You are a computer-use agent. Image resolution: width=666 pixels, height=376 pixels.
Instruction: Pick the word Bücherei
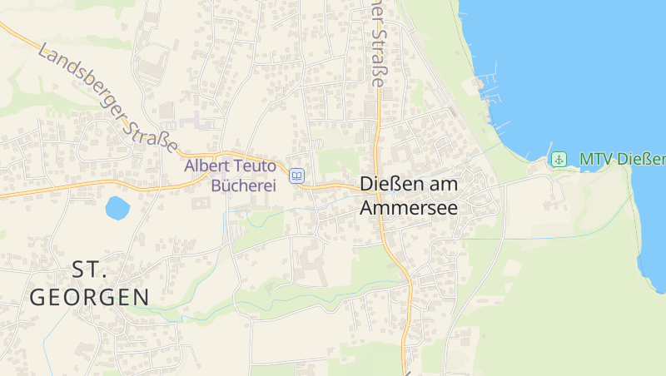(x=243, y=186)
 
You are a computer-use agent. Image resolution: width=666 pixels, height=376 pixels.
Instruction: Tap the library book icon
(x=297, y=176)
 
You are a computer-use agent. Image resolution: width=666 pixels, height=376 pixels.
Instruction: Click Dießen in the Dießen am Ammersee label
(x=388, y=185)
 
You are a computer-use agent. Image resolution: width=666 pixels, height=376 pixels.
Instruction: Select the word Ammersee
(x=408, y=208)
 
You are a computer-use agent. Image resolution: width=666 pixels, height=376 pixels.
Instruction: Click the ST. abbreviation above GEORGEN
(x=90, y=269)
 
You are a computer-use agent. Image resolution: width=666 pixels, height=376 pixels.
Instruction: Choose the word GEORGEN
(x=90, y=297)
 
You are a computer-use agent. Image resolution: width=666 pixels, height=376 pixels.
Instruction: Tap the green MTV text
(x=596, y=159)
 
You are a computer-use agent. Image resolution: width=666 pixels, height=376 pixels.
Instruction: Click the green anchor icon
(x=560, y=159)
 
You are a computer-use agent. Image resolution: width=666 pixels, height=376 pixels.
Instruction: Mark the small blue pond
(x=117, y=207)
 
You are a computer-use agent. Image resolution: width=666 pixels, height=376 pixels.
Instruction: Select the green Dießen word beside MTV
(x=643, y=159)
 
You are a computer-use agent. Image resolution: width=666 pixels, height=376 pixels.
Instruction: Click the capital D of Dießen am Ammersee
(x=366, y=185)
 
